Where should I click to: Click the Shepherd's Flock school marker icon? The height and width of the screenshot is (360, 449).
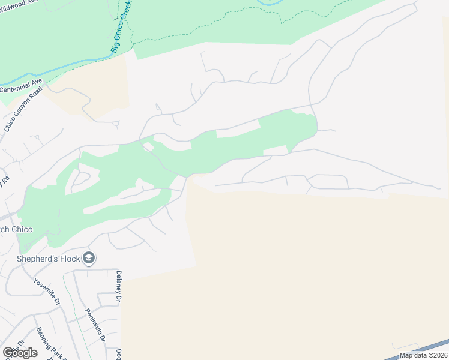click(89, 259)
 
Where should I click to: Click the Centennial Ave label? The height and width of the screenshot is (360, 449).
click(21, 85)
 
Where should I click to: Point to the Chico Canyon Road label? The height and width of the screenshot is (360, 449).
click(24, 111)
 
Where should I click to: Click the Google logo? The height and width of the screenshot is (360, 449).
click(20, 353)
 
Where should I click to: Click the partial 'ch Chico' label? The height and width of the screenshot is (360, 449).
click(16, 230)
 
